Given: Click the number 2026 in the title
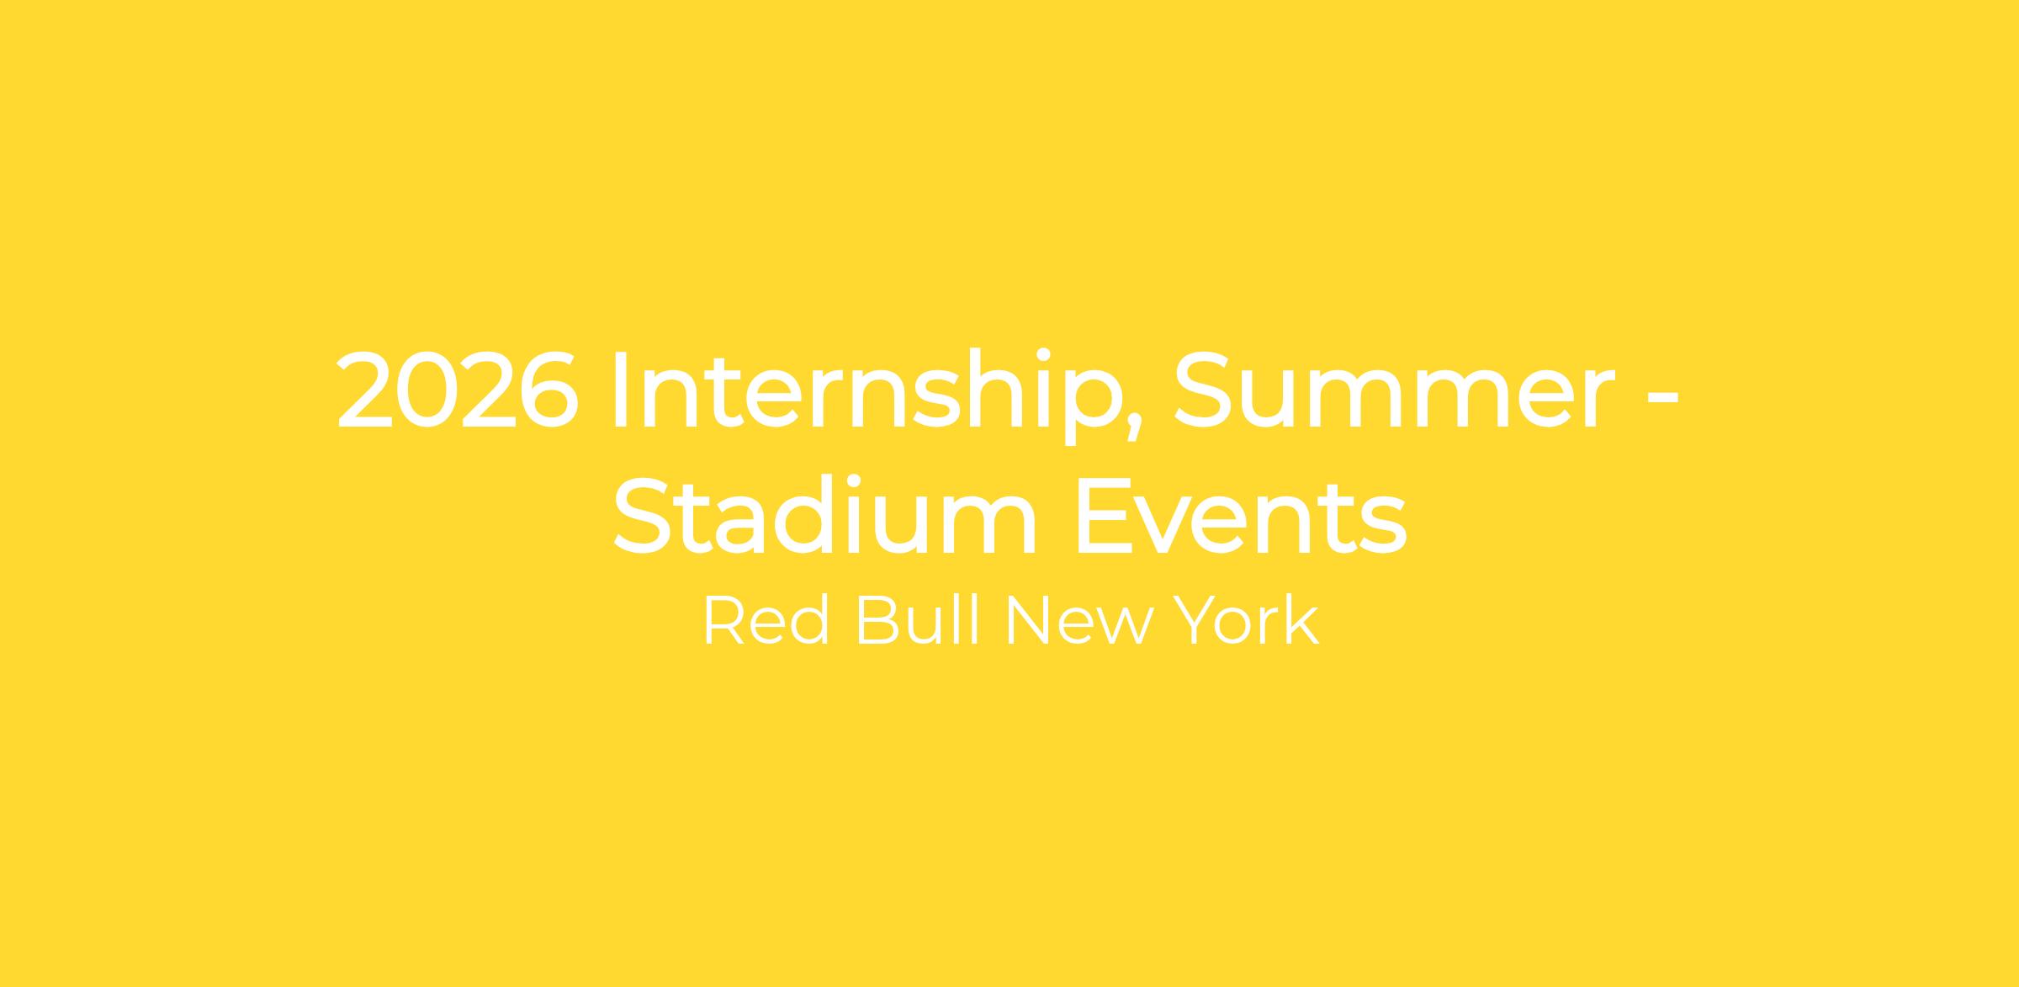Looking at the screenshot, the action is [458, 390].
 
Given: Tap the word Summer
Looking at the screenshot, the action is [1394, 390].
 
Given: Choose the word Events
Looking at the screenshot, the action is [1241, 515].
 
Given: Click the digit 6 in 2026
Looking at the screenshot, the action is [548, 390].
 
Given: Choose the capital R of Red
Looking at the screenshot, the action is [723, 621].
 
